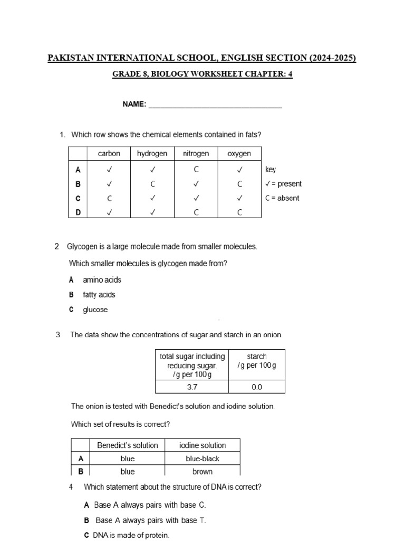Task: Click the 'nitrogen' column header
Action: [x=196, y=154]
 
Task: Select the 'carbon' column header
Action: [x=109, y=154]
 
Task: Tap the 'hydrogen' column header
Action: [x=152, y=154]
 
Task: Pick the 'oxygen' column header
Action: [x=239, y=154]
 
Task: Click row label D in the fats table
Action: [x=78, y=212]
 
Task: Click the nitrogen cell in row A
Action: [x=196, y=170]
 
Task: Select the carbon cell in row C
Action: [x=109, y=198]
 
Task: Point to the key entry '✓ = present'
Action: [x=283, y=184]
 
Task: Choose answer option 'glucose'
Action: [x=95, y=310]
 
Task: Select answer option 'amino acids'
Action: [x=102, y=280]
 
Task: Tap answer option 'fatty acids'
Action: [x=99, y=295]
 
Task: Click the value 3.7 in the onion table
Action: [x=192, y=387]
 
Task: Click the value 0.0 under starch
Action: [x=257, y=387]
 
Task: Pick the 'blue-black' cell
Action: [x=202, y=459]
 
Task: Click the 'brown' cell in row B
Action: [x=202, y=471]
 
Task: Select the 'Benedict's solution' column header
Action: [x=128, y=445]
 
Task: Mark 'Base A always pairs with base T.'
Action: [x=150, y=520]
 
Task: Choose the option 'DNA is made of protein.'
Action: [x=131, y=535]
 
